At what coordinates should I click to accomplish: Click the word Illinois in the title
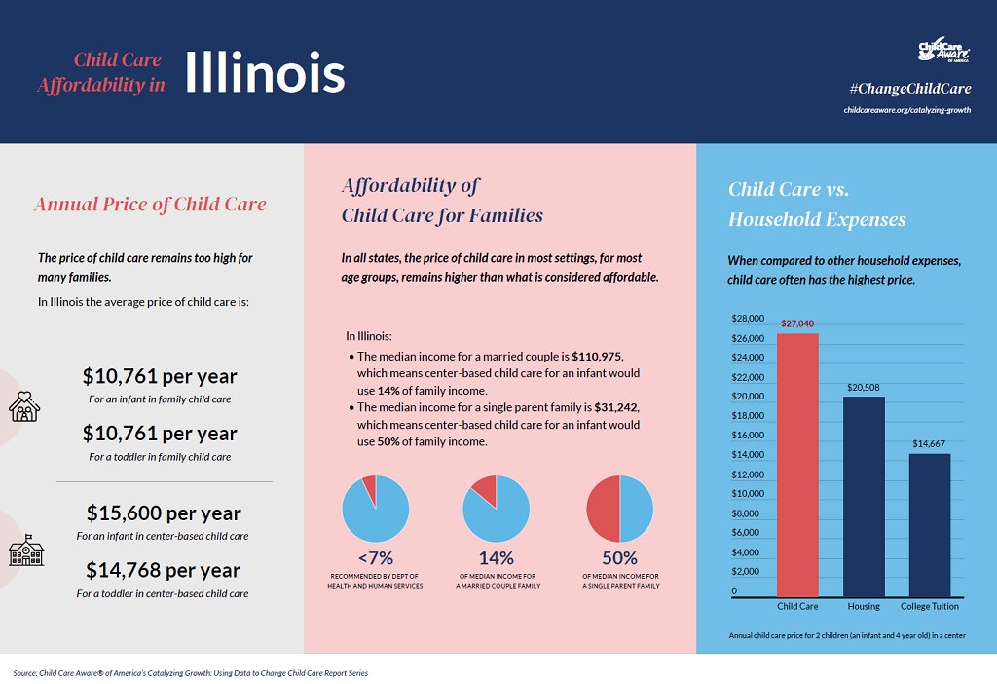pyautogui.click(x=265, y=72)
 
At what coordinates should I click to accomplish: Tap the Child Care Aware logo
pyautogui.click(x=943, y=51)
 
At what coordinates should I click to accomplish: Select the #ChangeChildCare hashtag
pyautogui.click(x=910, y=89)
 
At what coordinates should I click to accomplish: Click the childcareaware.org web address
pyautogui.click(x=906, y=110)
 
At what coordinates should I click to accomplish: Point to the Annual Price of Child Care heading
pyautogui.click(x=150, y=204)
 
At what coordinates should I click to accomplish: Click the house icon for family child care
pyautogui.click(x=24, y=406)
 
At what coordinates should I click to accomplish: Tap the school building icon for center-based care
pyautogui.click(x=25, y=551)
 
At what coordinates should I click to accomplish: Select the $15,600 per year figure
pyautogui.click(x=163, y=513)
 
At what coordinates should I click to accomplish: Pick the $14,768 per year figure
pyautogui.click(x=163, y=569)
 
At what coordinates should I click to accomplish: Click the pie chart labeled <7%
pyautogui.click(x=375, y=509)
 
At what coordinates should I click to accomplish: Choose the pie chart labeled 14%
pyautogui.click(x=496, y=509)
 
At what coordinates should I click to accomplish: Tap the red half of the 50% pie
pyautogui.click(x=603, y=509)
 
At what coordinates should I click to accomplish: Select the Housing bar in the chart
pyautogui.click(x=864, y=497)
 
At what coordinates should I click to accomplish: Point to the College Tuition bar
pyautogui.click(x=929, y=525)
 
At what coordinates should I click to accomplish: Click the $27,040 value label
pyautogui.click(x=797, y=323)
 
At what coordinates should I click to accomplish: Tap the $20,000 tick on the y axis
pyautogui.click(x=747, y=397)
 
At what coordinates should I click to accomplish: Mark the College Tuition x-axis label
pyautogui.click(x=929, y=606)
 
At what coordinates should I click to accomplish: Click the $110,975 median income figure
pyautogui.click(x=596, y=357)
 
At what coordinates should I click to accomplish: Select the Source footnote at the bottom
pyautogui.click(x=190, y=673)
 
